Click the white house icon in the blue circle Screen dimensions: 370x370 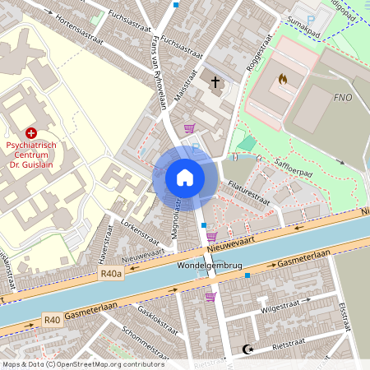click(185, 178)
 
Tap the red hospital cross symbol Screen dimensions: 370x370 click(31, 132)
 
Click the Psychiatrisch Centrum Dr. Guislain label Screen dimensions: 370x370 click(30, 154)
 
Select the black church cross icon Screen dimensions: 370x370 click(216, 82)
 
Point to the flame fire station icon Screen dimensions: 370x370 click(283, 80)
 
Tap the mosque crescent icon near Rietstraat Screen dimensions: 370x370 click(244, 349)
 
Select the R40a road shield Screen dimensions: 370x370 click(110, 274)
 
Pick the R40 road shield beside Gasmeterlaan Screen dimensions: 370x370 click(52, 319)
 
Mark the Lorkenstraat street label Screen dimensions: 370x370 click(139, 232)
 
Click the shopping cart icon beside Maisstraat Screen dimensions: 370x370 click(190, 127)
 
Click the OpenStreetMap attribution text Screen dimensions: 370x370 click(83, 363)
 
